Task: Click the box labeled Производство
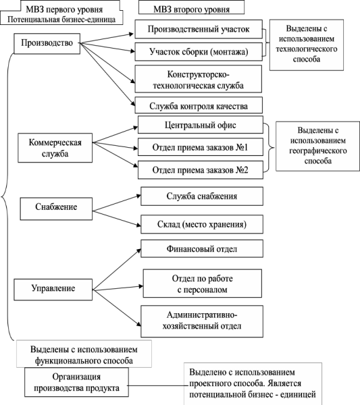point(47,43)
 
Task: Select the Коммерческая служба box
point(55,148)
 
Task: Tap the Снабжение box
point(56,209)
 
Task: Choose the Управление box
point(53,290)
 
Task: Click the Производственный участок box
point(199,29)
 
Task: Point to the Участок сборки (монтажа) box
point(199,52)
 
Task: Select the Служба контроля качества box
point(199,105)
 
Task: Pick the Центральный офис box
point(201,125)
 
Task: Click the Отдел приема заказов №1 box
point(201,147)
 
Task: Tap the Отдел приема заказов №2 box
point(201,169)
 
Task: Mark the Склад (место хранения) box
point(202,224)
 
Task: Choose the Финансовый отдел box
point(202,248)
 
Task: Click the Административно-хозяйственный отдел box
point(202,321)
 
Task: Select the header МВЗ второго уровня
point(191,9)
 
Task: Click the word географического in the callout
point(318,151)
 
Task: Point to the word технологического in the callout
point(306,49)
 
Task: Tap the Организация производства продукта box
point(76,382)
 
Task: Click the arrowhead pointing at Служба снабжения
point(138,196)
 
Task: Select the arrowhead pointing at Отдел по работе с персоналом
point(141,286)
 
